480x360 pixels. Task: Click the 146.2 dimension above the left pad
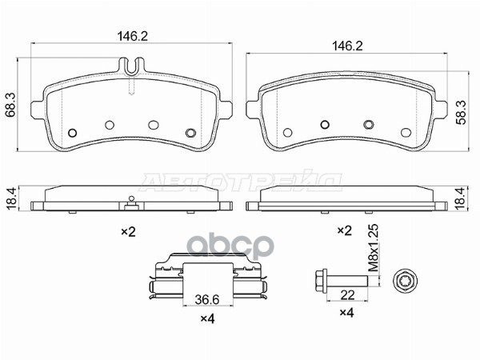coord(133,37)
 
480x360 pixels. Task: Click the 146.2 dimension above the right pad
coord(347,46)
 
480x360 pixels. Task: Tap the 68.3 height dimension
coord(11,106)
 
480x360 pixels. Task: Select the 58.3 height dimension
coord(461,112)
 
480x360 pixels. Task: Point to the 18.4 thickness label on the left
coord(11,199)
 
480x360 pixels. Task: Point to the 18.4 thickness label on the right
coord(461,199)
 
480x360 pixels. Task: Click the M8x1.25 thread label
coord(374,248)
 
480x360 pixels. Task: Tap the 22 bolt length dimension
coord(347,295)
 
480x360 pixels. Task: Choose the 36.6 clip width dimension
coord(207,300)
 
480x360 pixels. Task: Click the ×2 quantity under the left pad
coord(129,232)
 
